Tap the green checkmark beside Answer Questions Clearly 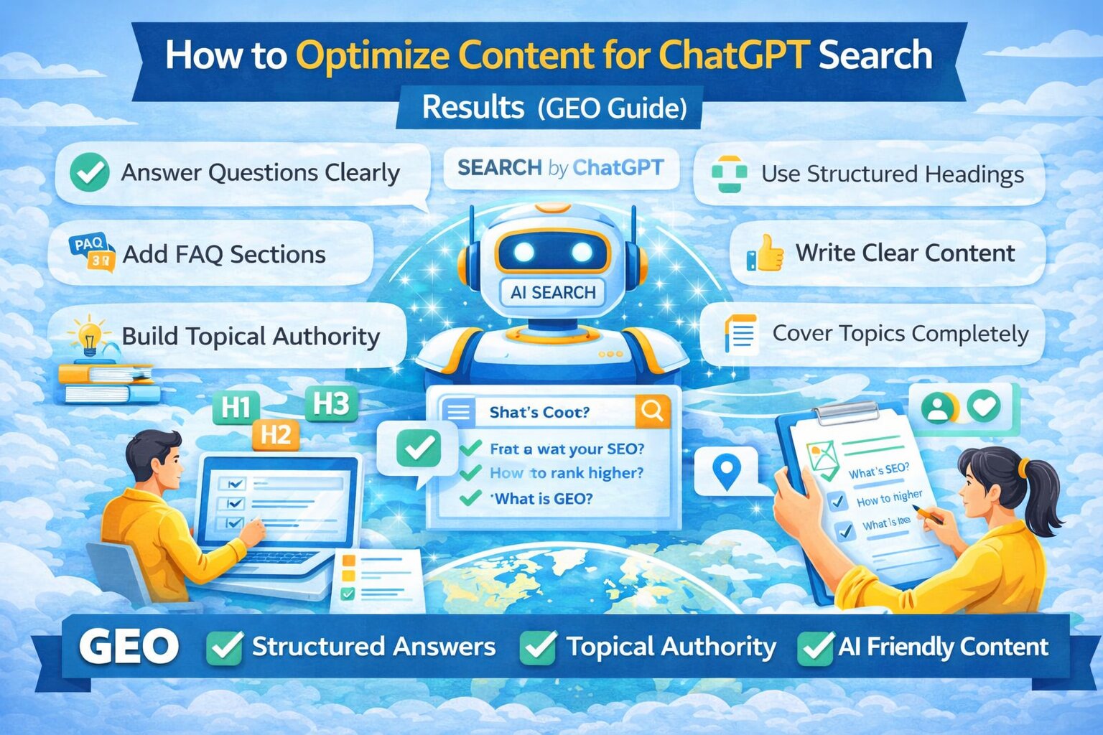point(90,172)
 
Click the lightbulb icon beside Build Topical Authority point(89,336)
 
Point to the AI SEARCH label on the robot point(553,292)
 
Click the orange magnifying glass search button point(652,411)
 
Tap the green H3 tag point(331,404)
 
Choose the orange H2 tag point(276,434)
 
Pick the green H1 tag point(236,408)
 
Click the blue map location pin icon point(727,472)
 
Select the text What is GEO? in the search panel point(544,499)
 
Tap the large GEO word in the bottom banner point(129,647)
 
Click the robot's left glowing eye point(524,252)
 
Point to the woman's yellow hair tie point(1023,468)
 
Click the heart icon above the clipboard point(984,407)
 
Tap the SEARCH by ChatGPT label point(560,168)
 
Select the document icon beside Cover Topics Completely point(740,334)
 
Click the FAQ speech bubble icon point(91,253)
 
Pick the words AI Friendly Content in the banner point(943,647)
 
